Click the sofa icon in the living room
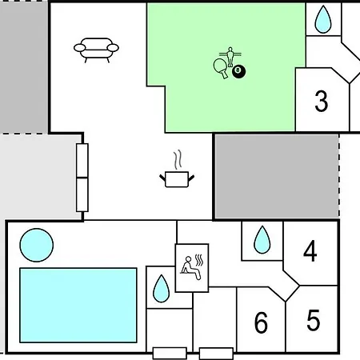96,50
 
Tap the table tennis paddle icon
221,67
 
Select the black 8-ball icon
238,71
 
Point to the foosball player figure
230,57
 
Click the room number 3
322,101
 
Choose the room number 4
310,250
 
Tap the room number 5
314,320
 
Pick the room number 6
261,322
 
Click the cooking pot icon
177,179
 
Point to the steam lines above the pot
178,159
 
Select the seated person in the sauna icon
190,268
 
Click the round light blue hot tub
37,245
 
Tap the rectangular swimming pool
78,305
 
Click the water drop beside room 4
262,240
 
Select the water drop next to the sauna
161,289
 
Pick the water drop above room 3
323,19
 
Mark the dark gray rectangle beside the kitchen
277,176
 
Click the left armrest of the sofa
80,48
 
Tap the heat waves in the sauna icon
199,260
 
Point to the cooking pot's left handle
162,178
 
